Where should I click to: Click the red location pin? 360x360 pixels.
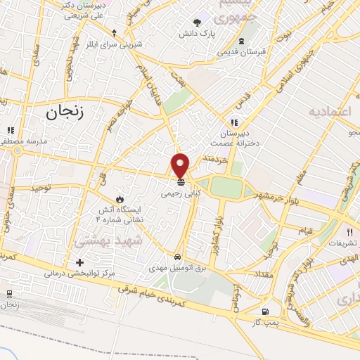click(x=181, y=165)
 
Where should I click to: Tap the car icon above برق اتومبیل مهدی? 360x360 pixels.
click(x=179, y=257)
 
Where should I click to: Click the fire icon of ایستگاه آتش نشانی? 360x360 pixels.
click(x=120, y=199)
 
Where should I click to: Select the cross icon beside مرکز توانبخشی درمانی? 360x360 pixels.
click(x=79, y=262)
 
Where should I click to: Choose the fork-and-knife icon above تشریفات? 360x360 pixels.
click(x=349, y=231)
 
